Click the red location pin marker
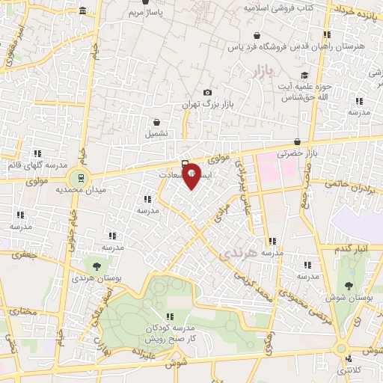click(191, 175)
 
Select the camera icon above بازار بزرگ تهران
click(207, 93)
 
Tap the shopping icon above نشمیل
click(156, 122)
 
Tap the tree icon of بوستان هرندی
click(96, 265)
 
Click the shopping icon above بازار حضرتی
click(298, 141)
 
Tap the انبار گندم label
click(352, 248)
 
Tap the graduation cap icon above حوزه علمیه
click(304, 76)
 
